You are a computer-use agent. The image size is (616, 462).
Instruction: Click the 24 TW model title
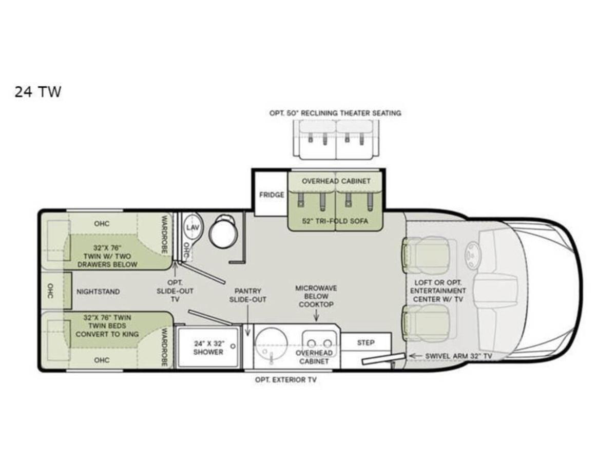pos(37,92)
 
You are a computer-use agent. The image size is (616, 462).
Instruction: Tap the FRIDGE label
pos(272,195)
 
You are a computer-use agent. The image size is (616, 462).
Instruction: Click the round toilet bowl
pos(223,235)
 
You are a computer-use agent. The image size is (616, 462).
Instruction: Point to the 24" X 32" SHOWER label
pos(208,348)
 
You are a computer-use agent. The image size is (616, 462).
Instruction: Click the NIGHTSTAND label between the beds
pos(98,292)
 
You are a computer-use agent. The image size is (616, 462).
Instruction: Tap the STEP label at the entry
pos(365,343)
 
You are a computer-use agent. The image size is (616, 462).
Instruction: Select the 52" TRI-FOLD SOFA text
pos(335,221)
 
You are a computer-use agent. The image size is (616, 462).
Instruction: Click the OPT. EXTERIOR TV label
pos(286,380)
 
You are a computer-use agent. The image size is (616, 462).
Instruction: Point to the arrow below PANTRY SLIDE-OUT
pos(247,320)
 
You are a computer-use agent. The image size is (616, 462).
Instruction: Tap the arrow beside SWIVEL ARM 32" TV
pos(415,356)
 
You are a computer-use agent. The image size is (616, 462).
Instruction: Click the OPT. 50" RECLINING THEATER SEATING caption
pos(335,113)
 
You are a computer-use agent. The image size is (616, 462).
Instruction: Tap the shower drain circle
pos(233,346)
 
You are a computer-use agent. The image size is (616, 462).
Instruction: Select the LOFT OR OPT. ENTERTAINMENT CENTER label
pos(438,291)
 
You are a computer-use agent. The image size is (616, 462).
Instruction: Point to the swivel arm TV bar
pos(383,359)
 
